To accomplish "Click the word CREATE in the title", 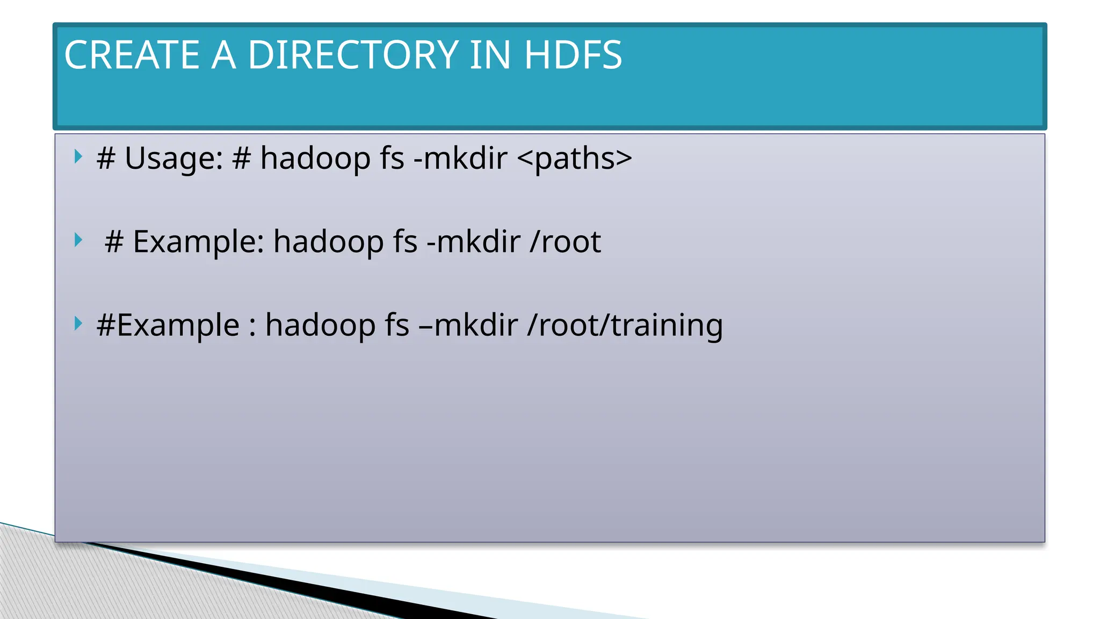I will [132, 55].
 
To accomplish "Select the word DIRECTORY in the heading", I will [352, 55].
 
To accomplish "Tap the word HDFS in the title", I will [573, 55].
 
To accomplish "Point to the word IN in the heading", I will [489, 55].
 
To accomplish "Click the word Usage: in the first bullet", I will [173, 159].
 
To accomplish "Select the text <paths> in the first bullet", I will [574, 159].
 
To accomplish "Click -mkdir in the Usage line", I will [460, 159].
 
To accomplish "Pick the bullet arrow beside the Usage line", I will [78, 157].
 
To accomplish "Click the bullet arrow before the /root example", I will [78, 240].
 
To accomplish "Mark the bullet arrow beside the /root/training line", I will [78, 323].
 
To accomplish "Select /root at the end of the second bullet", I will [565, 242].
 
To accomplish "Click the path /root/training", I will [625, 326].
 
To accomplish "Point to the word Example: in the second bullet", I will [198, 242].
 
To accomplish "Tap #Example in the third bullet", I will [168, 326].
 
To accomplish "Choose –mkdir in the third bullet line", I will [468, 326].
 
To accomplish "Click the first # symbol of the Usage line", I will [106, 159].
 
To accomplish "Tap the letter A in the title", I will [223, 55].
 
